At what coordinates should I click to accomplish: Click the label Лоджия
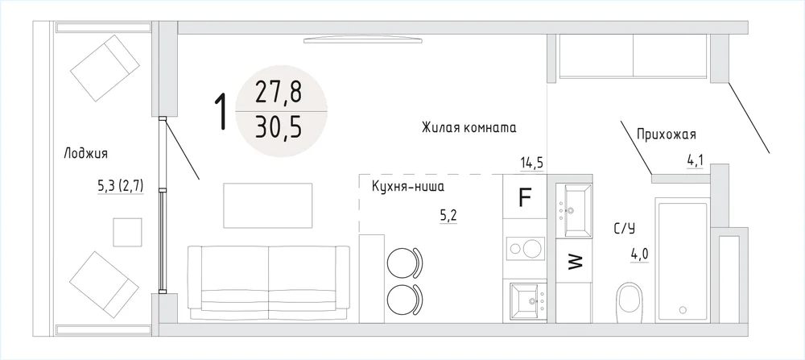point(86,154)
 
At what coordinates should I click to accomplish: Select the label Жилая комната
point(469,127)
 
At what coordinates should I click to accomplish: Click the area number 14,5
point(531,163)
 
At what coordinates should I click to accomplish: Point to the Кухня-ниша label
point(407,187)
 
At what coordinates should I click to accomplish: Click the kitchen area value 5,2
point(448,217)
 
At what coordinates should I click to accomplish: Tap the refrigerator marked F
point(525,197)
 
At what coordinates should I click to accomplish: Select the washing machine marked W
point(574,262)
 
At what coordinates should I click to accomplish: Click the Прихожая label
point(666,135)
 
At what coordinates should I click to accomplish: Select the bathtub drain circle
point(683,310)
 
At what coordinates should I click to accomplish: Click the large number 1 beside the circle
point(221,112)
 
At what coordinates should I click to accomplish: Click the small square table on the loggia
point(127,232)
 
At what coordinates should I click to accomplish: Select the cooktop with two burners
point(525,250)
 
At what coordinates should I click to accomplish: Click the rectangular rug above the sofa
point(268,205)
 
